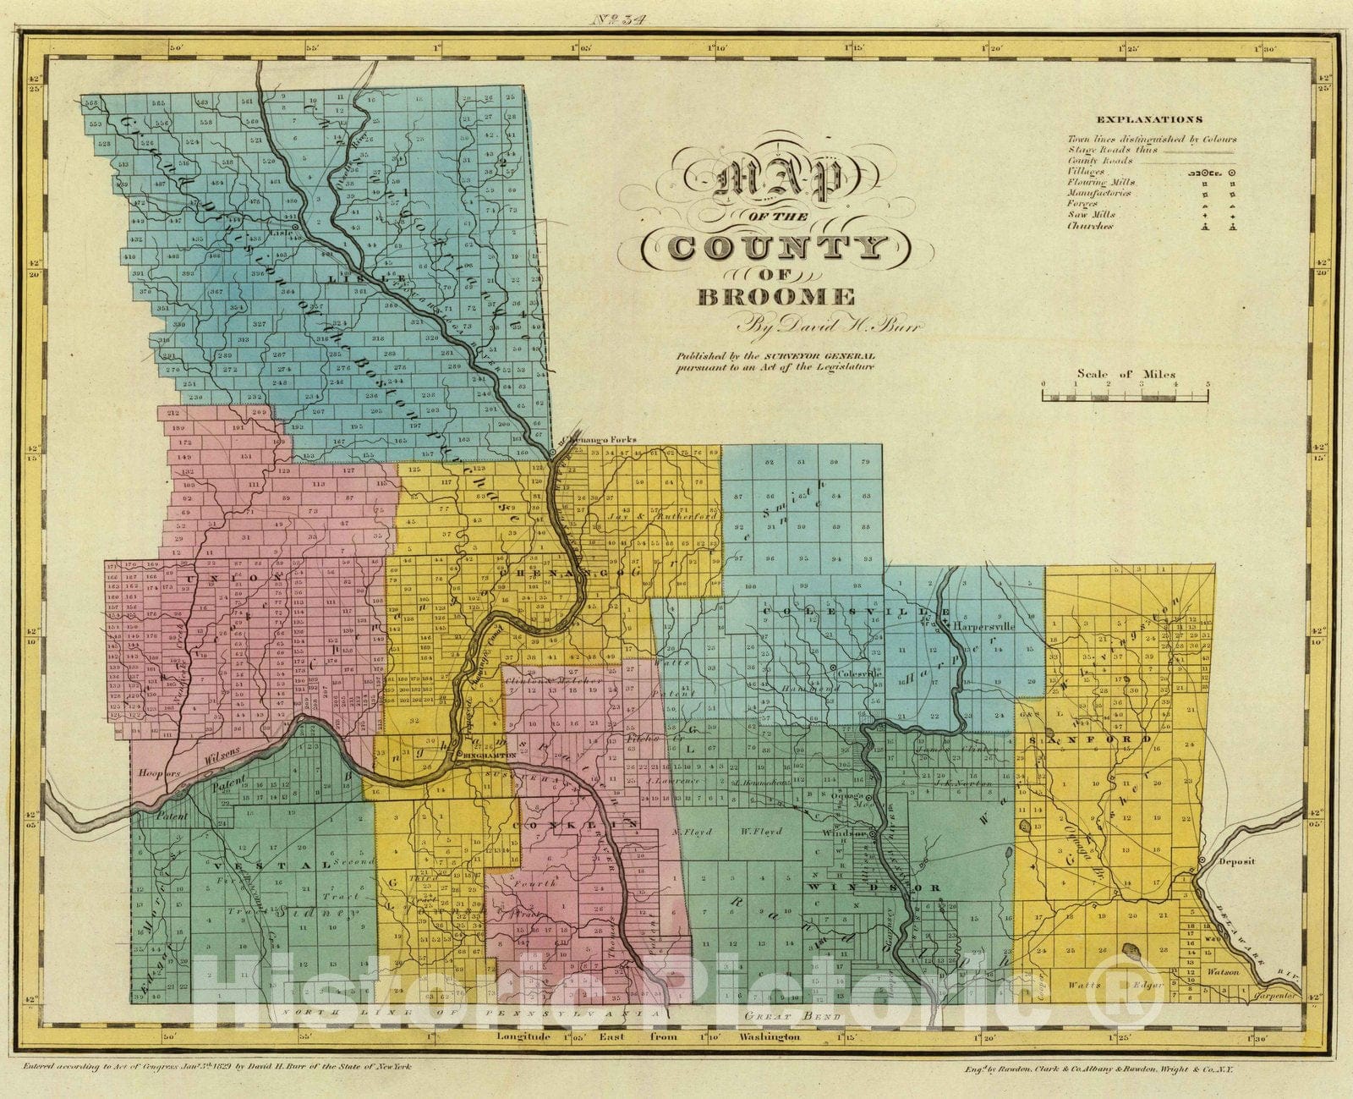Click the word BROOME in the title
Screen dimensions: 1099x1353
coord(775,297)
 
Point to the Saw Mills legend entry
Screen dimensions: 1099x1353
coord(1090,215)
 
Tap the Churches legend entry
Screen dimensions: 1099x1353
coord(1089,226)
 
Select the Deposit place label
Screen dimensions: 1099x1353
coord(1237,861)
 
